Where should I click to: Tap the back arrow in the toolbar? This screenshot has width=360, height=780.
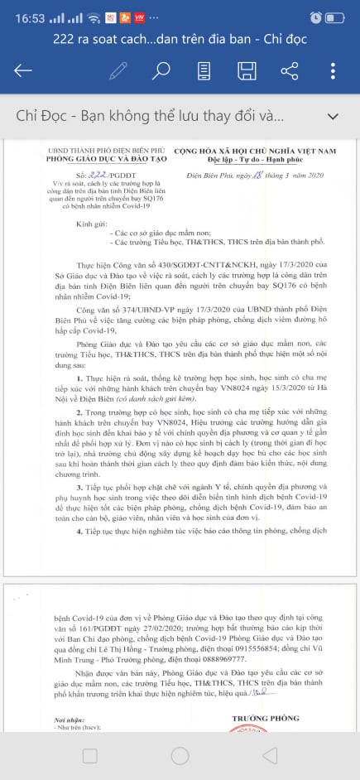(x=23, y=70)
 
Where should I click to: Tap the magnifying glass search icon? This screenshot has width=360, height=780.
(x=162, y=70)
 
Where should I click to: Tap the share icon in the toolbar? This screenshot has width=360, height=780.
(x=289, y=70)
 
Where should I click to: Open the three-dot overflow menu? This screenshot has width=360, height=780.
(x=333, y=70)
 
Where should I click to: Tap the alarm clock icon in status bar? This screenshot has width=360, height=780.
(x=316, y=17)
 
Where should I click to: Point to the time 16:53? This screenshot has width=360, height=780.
(x=23, y=17)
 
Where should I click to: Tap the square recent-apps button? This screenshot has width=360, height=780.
(x=89, y=755)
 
